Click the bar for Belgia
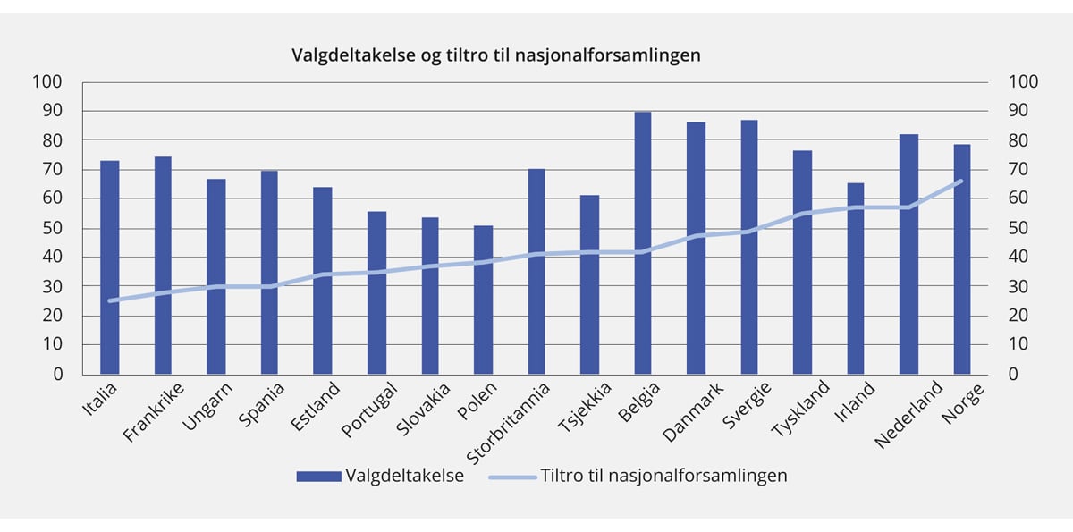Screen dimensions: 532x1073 coord(643,242)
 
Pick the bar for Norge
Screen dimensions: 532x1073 coord(962,259)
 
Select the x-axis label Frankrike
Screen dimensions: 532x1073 coord(155,412)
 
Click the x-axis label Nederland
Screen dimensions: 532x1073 coord(909,415)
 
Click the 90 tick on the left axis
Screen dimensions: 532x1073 coord(53,111)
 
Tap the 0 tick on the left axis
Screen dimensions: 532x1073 coord(58,374)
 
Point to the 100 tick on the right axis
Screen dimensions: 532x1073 coord(1024,82)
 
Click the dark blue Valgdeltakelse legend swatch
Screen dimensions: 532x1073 coord(318,476)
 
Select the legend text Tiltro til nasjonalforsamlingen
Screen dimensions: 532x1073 coord(663,476)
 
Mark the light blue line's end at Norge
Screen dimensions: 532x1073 coord(961,181)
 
